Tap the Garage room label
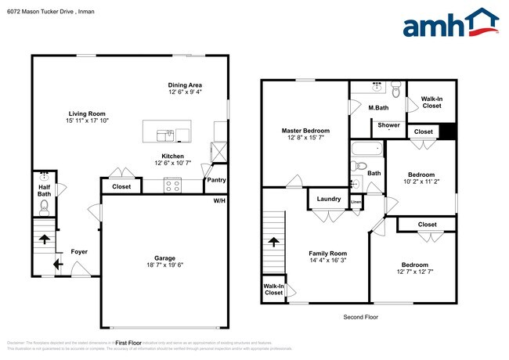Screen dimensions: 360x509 [x=164, y=257]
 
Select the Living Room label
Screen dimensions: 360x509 [x=86, y=114]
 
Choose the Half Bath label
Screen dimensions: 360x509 [x=45, y=189]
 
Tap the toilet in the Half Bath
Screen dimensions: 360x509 [x=45, y=207]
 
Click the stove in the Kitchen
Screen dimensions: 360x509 [x=172, y=186]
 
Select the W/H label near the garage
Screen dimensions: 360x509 [x=220, y=201]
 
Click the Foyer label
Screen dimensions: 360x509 [x=80, y=251]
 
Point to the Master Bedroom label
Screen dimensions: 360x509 [x=305, y=131]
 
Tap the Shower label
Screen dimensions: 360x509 [x=389, y=125]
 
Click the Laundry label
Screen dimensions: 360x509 [x=329, y=199]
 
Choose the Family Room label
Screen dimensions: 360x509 [x=327, y=254]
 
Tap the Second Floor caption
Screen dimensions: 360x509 [x=361, y=317]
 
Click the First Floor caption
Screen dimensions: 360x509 [x=128, y=343]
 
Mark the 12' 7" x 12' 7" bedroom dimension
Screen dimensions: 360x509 [x=415, y=272]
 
